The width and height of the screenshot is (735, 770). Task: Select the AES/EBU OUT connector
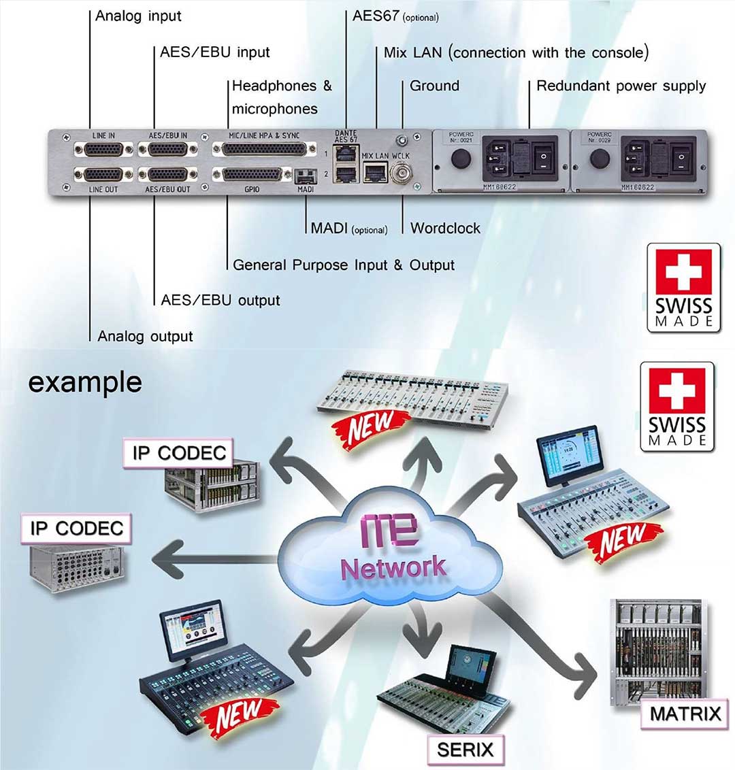167,175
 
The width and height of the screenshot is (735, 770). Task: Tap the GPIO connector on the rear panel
251,175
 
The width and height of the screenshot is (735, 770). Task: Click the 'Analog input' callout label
138,16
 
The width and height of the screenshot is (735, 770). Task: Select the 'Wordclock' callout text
445,229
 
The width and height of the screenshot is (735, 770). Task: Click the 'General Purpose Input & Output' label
343,265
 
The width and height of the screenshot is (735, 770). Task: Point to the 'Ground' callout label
434,86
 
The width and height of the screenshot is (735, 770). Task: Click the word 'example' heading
84,382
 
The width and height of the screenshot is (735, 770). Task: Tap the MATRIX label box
685,714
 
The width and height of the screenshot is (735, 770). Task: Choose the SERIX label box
465,750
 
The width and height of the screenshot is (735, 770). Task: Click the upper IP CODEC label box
178,453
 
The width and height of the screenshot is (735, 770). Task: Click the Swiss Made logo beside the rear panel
683,287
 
